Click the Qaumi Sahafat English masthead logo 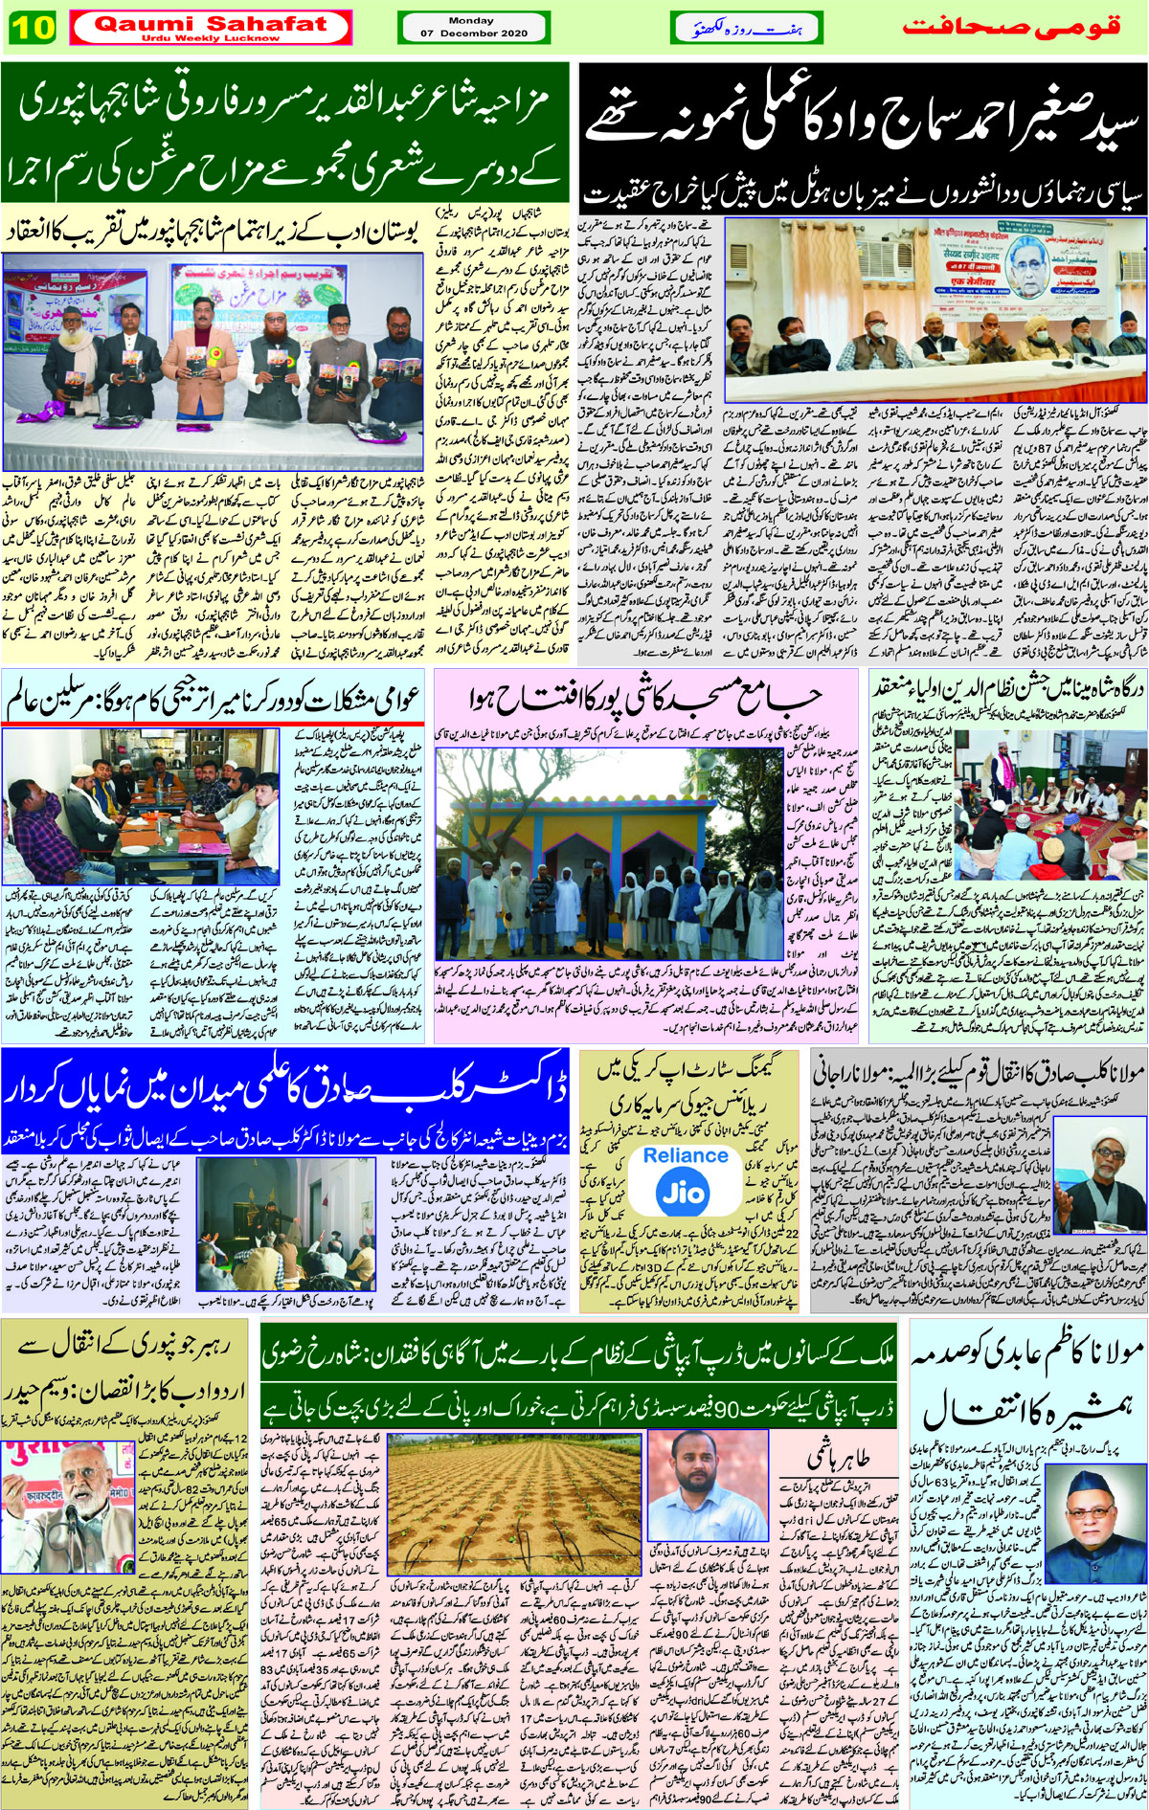pyautogui.click(x=210, y=27)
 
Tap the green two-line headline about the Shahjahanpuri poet pyautogui.click(x=285, y=134)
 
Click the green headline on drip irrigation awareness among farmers pyautogui.click(x=578, y=1359)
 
